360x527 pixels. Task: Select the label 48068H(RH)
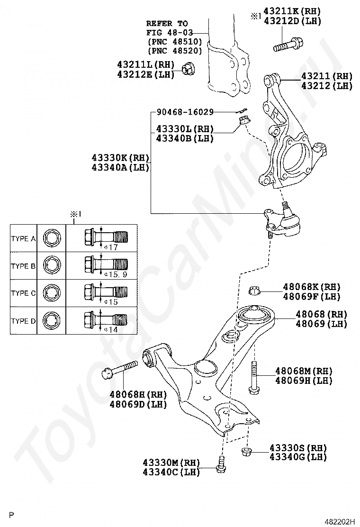click(x=138, y=395)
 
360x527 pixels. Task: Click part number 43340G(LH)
click(x=298, y=457)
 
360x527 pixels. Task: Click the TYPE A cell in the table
click(x=23, y=238)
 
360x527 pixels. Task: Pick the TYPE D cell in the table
click(x=23, y=321)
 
